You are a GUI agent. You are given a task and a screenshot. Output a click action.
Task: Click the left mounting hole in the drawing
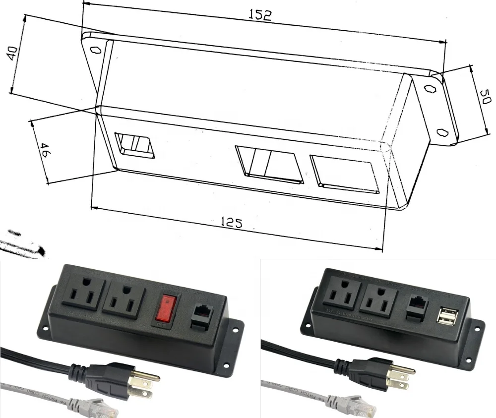click(x=95, y=50)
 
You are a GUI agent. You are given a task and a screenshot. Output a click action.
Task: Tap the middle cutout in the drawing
click(x=268, y=164)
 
